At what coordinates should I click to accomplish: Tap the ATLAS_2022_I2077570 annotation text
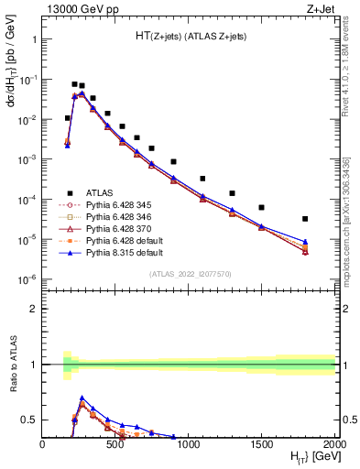(x=189, y=274)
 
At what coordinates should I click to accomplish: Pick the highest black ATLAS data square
(x=74, y=84)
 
